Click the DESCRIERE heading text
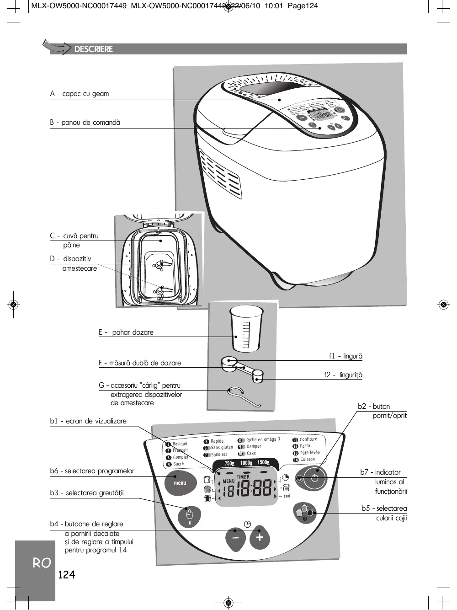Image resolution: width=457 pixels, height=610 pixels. coord(93,49)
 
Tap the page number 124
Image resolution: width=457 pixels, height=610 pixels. coord(67,575)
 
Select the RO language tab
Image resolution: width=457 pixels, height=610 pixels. coord(42,563)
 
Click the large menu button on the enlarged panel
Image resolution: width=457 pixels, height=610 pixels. coord(180,483)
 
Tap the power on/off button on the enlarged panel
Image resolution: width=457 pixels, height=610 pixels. coord(314,478)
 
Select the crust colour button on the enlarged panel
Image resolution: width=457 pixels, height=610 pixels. coord(305,512)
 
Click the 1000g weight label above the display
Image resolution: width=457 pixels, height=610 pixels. coord(246,463)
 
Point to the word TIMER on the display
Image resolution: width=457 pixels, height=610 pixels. coord(243,477)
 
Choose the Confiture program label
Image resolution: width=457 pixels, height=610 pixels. coord(308,439)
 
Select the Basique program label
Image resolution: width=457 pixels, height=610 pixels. coord(180,444)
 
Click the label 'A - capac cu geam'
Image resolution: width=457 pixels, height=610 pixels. coord(80,94)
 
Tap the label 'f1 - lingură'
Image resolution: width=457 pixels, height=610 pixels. coord(345,356)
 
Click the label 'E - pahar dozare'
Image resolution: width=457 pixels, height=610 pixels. coord(126,332)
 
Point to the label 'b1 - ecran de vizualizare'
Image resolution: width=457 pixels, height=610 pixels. coord(88,421)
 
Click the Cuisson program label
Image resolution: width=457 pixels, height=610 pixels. coord(307,459)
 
